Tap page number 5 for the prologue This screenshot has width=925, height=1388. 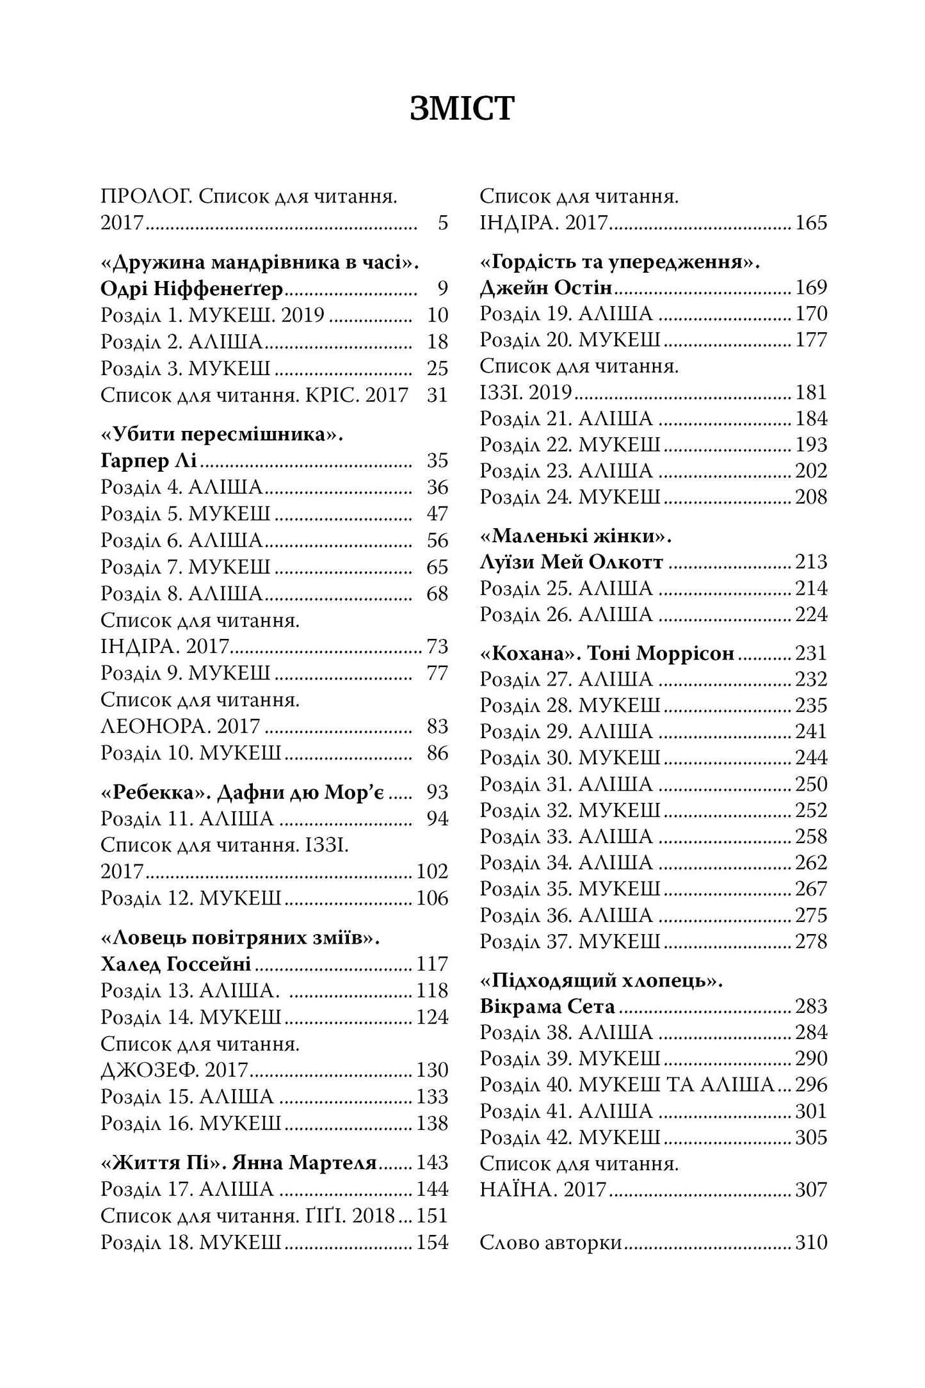tap(442, 223)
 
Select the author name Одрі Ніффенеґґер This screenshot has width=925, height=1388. tap(191, 289)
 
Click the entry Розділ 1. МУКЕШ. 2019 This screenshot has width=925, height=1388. tap(213, 316)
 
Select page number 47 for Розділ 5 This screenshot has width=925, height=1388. tap(437, 514)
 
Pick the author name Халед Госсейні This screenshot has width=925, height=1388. tap(175, 964)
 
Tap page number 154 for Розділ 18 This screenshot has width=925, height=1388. tap(432, 1243)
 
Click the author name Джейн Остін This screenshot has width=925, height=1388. tap(545, 288)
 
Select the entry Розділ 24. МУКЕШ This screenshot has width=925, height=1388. tap(570, 497)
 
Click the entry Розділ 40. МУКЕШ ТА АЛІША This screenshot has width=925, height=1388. tap(627, 1085)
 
